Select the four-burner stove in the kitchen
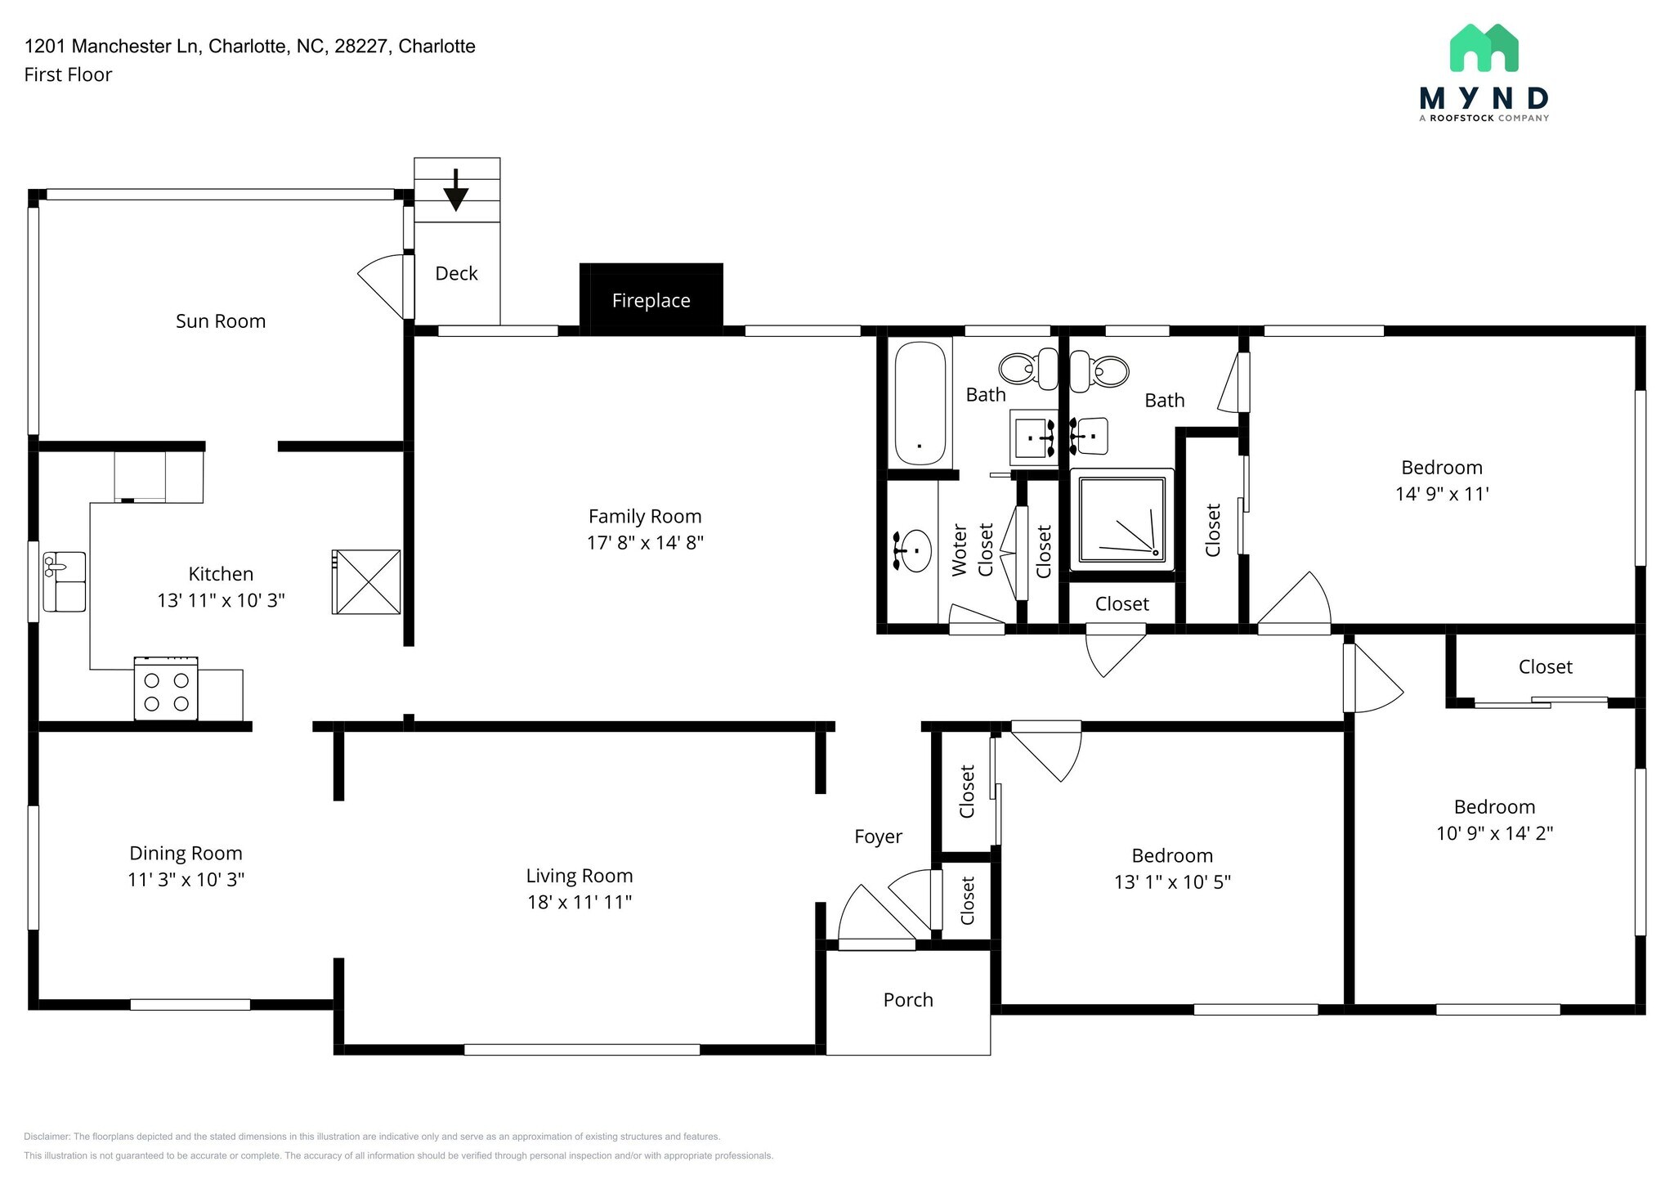coord(166,689)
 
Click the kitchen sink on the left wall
coord(65,581)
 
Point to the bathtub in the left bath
coord(920,403)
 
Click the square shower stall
coord(1121,519)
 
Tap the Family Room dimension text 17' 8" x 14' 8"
coord(645,543)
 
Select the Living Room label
coord(579,876)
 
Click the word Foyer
coord(878,836)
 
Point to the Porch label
coord(907,1000)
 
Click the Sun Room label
coord(221,321)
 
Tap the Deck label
coord(456,274)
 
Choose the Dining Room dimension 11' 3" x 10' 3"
coord(186,880)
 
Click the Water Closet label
coord(972,550)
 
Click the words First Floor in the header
coord(68,74)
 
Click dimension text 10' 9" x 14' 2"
coord(1494,833)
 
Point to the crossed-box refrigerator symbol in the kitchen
coord(366,581)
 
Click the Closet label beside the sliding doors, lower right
coord(1545,667)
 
